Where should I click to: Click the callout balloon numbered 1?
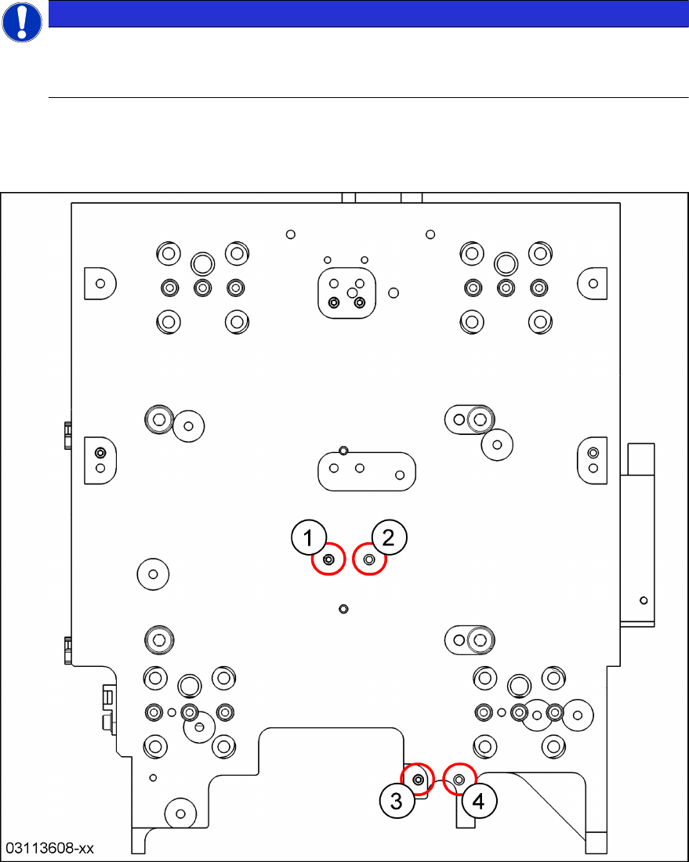point(309,538)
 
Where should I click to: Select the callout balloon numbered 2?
point(390,538)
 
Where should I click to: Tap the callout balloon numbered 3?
point(397,801)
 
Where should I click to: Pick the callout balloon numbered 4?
point(479,801)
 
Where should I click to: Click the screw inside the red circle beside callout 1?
point(329,560)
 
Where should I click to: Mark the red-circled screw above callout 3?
point(418,780)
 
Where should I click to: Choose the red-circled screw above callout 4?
point(459,779)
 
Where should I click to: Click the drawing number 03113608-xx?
point(51,848)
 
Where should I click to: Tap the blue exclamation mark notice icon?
point(22,22)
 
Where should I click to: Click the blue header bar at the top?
point(368,13)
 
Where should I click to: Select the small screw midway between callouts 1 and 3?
point(343,609)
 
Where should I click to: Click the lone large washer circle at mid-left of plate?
point(153,574)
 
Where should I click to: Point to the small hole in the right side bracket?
point(643,600)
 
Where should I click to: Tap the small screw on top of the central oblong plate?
point(343,450)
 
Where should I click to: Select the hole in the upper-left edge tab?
point(100,283)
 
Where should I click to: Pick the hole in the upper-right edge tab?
point(593,283)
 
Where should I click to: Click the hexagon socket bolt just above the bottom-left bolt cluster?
point(161,641)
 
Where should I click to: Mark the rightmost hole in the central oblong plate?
point(400,474)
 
